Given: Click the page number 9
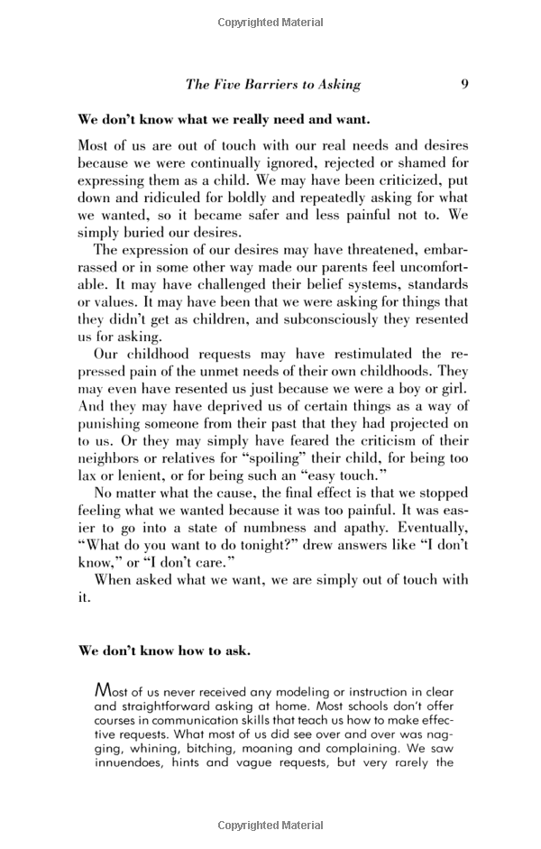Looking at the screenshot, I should [x=463, y=84].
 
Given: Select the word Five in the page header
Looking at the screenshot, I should [x=225, y=85].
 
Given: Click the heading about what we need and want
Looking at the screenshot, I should [x=224, y=119].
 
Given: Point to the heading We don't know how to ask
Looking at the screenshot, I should [x=164, y=651].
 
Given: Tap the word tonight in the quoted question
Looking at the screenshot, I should [x=274, y=544].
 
